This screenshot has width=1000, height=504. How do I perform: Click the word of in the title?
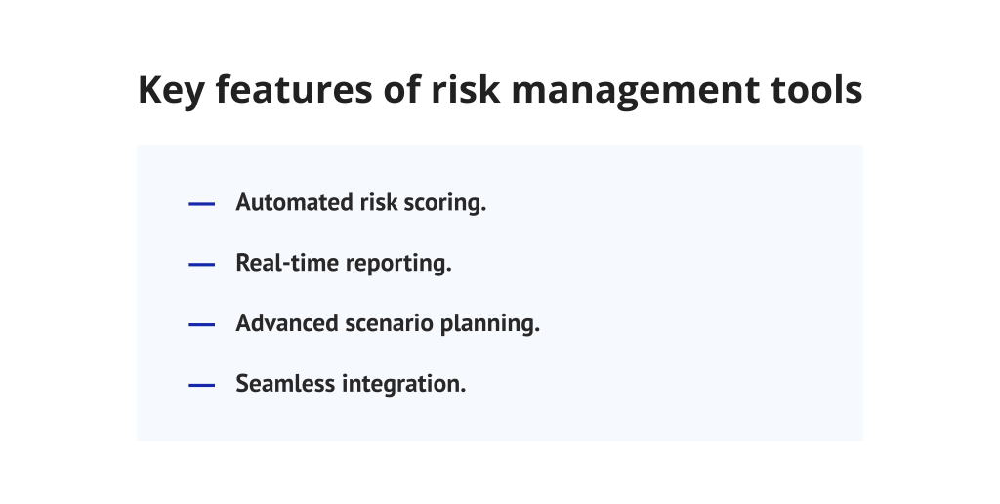coord(383,91)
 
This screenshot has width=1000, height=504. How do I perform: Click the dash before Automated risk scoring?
coord(201,204)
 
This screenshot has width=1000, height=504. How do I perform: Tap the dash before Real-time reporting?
coord(201,265)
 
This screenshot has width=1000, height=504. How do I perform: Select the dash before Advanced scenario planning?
coord(201,325)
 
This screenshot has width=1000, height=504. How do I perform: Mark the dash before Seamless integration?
coord(201,385)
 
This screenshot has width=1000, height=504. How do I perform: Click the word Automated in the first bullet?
coord(290,203)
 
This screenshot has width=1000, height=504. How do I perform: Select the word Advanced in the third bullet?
coord(283,324)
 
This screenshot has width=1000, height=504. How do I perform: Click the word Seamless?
coord(285,384)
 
